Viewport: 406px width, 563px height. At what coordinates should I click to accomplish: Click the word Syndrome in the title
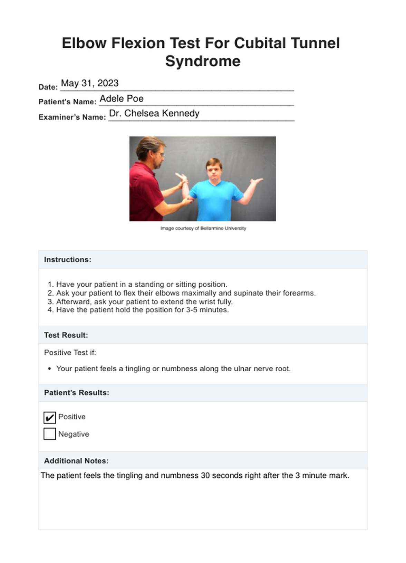[x=203, y=61]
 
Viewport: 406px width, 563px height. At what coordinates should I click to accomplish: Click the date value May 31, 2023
[x=90, y=83]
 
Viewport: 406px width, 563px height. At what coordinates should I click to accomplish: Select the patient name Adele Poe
[x=122, y=98]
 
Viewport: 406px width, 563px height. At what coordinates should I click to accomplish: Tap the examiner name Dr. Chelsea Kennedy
[x=154, y=113]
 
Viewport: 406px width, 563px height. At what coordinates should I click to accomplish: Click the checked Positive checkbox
[x=50, y=418]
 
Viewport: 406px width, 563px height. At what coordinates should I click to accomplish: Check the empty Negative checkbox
[x=50, y=434]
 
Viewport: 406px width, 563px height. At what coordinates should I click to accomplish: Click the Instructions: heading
[x=68, y=260]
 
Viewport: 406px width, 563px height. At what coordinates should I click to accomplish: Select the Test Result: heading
[x=66, y=335]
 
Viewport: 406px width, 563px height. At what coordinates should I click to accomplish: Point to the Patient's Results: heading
[x=76, y=393]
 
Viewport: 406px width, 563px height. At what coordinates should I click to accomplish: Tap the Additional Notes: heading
[x=76, y=461]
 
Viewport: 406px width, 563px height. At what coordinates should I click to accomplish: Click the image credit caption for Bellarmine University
[x=203, y=228]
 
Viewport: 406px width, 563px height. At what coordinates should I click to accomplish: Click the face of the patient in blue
[x=213, y=169]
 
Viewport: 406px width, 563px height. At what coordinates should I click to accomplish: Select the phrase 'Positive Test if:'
[x=70, y=353]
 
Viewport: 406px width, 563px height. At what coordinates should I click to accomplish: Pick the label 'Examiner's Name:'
[x=72, y=117]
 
